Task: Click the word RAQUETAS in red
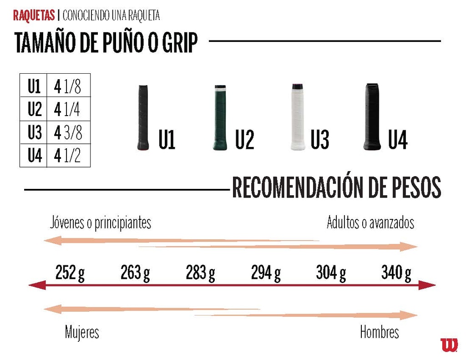[x=34, y=15]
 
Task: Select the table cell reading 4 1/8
[x=68, y=86]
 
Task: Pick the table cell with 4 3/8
[x=68, y=132]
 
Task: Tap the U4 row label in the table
[x=34, y=156]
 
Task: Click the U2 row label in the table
[x=34, y=109]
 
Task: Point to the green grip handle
[x=219, y=118]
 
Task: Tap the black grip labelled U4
[x=372, y=117]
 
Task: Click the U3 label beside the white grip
[x=319, y=139]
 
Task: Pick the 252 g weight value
[x=70, y=273]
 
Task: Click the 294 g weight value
[x=266, y=273]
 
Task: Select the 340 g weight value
[x=396, y=273]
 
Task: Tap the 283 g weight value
[x=200, y=273]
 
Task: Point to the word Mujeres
[x=82, y=332]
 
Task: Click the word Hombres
[x=379, y=332]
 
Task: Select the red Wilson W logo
[x=449, y=345]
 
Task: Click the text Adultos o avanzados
[x=370, y=223]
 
